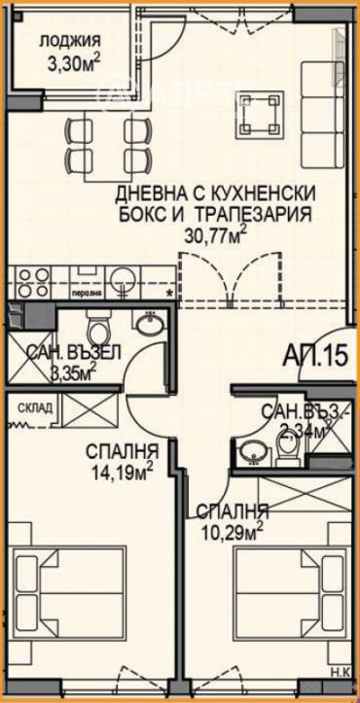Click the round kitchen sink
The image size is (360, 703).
tap(122, 278)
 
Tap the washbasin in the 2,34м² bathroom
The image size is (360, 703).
tap(254, 448)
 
